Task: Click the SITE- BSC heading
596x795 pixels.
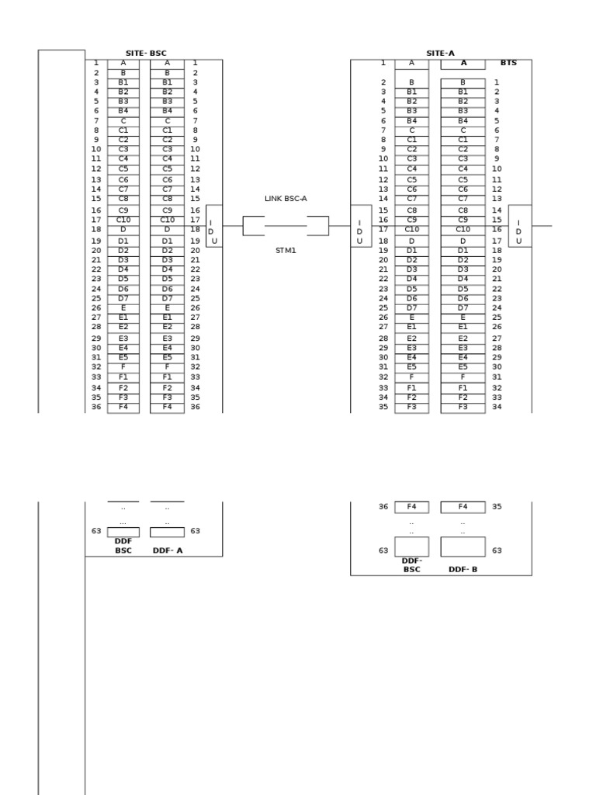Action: (146, 54)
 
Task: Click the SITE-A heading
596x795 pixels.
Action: (441, 54)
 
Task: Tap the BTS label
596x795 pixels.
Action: (508, 63)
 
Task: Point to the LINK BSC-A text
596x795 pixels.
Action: (286, 199)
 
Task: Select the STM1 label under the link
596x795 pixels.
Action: (286, 251)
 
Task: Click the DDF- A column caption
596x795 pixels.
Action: (168, 550)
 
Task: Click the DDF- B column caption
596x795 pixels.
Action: (463, 569)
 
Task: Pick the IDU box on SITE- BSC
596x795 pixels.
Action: (214, 226)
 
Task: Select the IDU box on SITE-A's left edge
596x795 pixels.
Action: (361, 226)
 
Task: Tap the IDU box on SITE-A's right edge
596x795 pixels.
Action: (520, 226)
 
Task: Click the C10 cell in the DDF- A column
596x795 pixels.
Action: (168, 220)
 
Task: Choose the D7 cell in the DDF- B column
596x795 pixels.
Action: (463, 308)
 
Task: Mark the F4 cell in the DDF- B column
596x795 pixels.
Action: (463, 507)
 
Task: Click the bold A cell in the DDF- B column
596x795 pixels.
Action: (463, 64)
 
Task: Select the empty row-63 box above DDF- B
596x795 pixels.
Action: (463, 547)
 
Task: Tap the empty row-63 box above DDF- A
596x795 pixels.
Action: (168, 533)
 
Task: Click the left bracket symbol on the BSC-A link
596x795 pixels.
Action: (254, 226)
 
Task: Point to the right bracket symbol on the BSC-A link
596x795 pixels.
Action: (317, 226)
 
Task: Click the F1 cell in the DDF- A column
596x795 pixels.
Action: (168, 377)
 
